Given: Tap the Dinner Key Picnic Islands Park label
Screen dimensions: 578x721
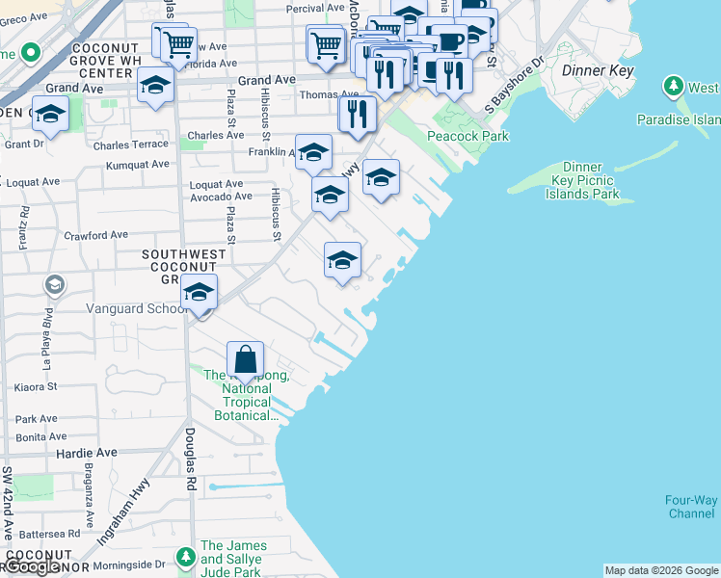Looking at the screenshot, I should [583, 180].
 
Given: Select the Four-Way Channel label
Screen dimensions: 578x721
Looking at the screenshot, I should [690, 507].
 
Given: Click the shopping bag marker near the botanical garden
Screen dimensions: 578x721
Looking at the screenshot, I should [246, 361].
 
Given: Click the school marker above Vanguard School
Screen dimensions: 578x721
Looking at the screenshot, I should [199, 293].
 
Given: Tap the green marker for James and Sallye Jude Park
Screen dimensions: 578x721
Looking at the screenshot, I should [184, 557].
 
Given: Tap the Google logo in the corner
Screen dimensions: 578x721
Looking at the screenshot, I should [31, 567].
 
